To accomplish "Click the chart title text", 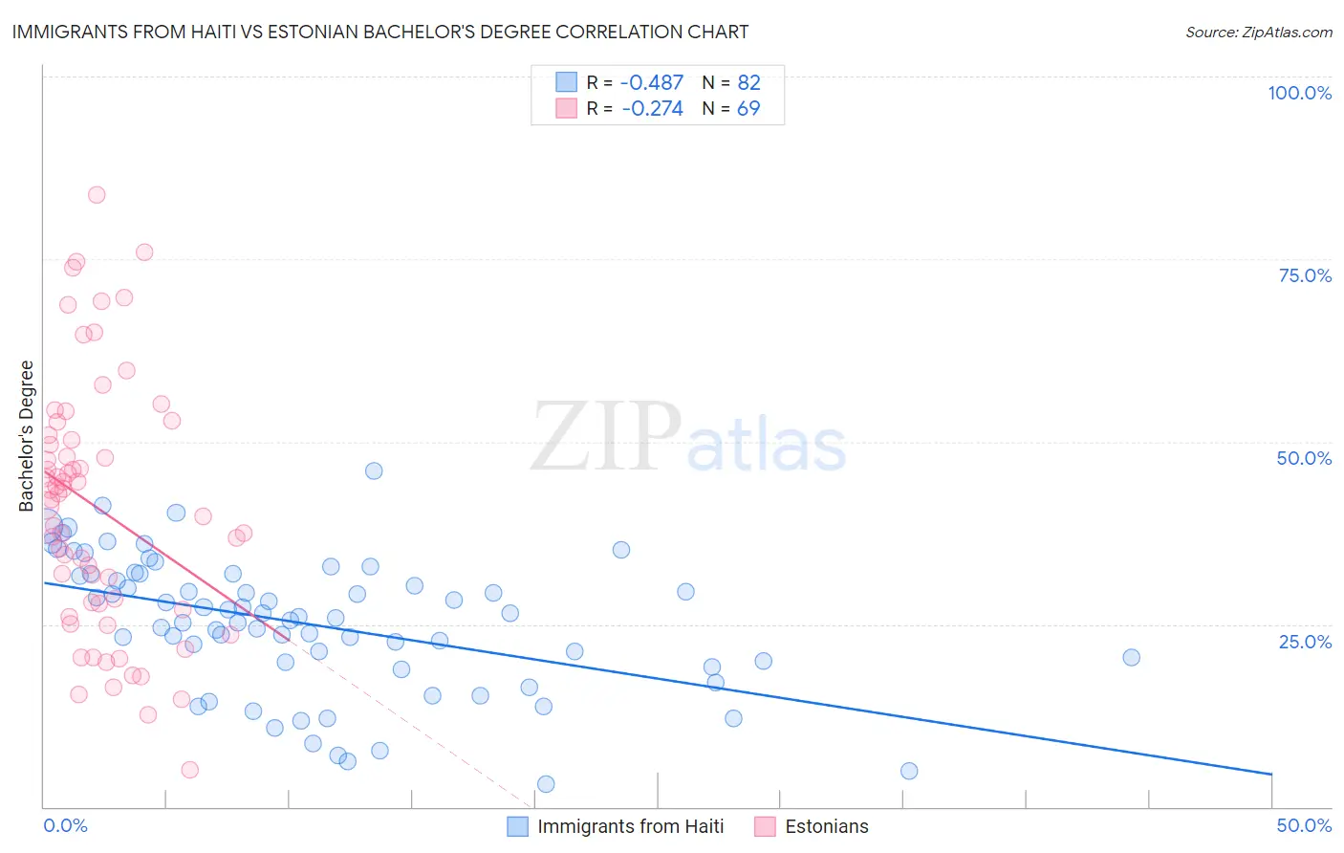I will click(379, 32).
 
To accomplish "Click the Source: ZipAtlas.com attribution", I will click(1258, 32).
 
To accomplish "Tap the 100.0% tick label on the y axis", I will click(1299, 93).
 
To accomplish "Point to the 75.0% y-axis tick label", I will click(1305, 275).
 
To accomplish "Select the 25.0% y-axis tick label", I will click(1305, 641).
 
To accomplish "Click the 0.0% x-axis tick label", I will click(65, 825).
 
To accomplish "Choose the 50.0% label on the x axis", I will click(1304, 825).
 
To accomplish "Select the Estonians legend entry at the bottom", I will click(826, 826).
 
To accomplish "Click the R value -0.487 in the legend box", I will click(652, 83).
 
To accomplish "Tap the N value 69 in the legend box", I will click(748, 109).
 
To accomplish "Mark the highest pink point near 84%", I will click(97, 195).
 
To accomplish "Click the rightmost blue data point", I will click(1131, 657).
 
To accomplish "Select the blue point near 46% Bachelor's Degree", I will click(374, 470).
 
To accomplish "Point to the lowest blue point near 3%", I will click(546, 784).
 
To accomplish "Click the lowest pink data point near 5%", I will click(189, 770).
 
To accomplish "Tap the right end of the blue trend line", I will click(1271, 774).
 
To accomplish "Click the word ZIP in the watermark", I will click(605, 436).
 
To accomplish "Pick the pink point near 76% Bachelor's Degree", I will click(144, 252).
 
